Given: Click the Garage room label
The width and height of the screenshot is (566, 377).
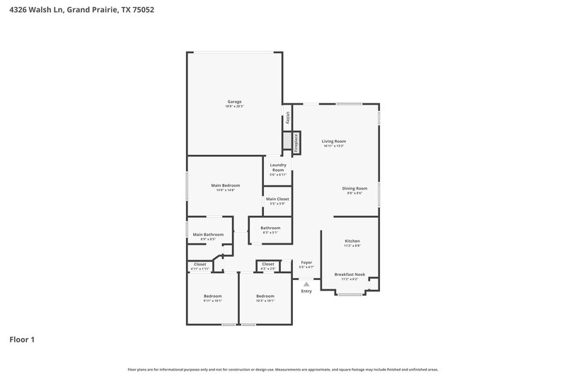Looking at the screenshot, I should tap(234, 102).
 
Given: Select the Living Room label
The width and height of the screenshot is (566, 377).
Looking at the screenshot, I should tap(333, 141).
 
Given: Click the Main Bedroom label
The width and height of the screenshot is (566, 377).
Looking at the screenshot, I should tap(225, 185).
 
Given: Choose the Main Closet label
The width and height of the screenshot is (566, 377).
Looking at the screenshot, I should tap(277, 199).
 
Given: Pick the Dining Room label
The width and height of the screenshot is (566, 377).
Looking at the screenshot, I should tap(354, 188).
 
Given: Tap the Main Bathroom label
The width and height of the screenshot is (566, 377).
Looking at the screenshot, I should tap(208, 234).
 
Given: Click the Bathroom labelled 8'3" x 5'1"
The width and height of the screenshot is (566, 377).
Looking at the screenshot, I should tap(270, 228).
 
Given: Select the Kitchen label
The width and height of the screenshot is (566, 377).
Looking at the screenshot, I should tap(352, 241).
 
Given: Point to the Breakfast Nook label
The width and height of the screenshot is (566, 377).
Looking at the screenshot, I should tap(351, 274).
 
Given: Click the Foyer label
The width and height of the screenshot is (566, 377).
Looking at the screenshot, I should tap(306, 262).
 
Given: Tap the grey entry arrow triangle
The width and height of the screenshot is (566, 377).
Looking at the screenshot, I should tap(306, 284).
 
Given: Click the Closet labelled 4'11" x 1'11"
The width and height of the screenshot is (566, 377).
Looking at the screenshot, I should tap(200, 265).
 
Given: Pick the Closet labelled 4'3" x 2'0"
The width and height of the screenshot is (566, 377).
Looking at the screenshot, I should tap(267, 265).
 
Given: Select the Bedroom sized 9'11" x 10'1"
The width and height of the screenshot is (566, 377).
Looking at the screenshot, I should tap(212, 296).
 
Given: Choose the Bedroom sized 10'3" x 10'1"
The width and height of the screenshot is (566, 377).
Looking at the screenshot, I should tap(265, 296).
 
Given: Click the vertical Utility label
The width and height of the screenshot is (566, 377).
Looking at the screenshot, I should tap(288, 120).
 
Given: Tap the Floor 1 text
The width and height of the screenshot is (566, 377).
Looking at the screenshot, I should tap(21, 340).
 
